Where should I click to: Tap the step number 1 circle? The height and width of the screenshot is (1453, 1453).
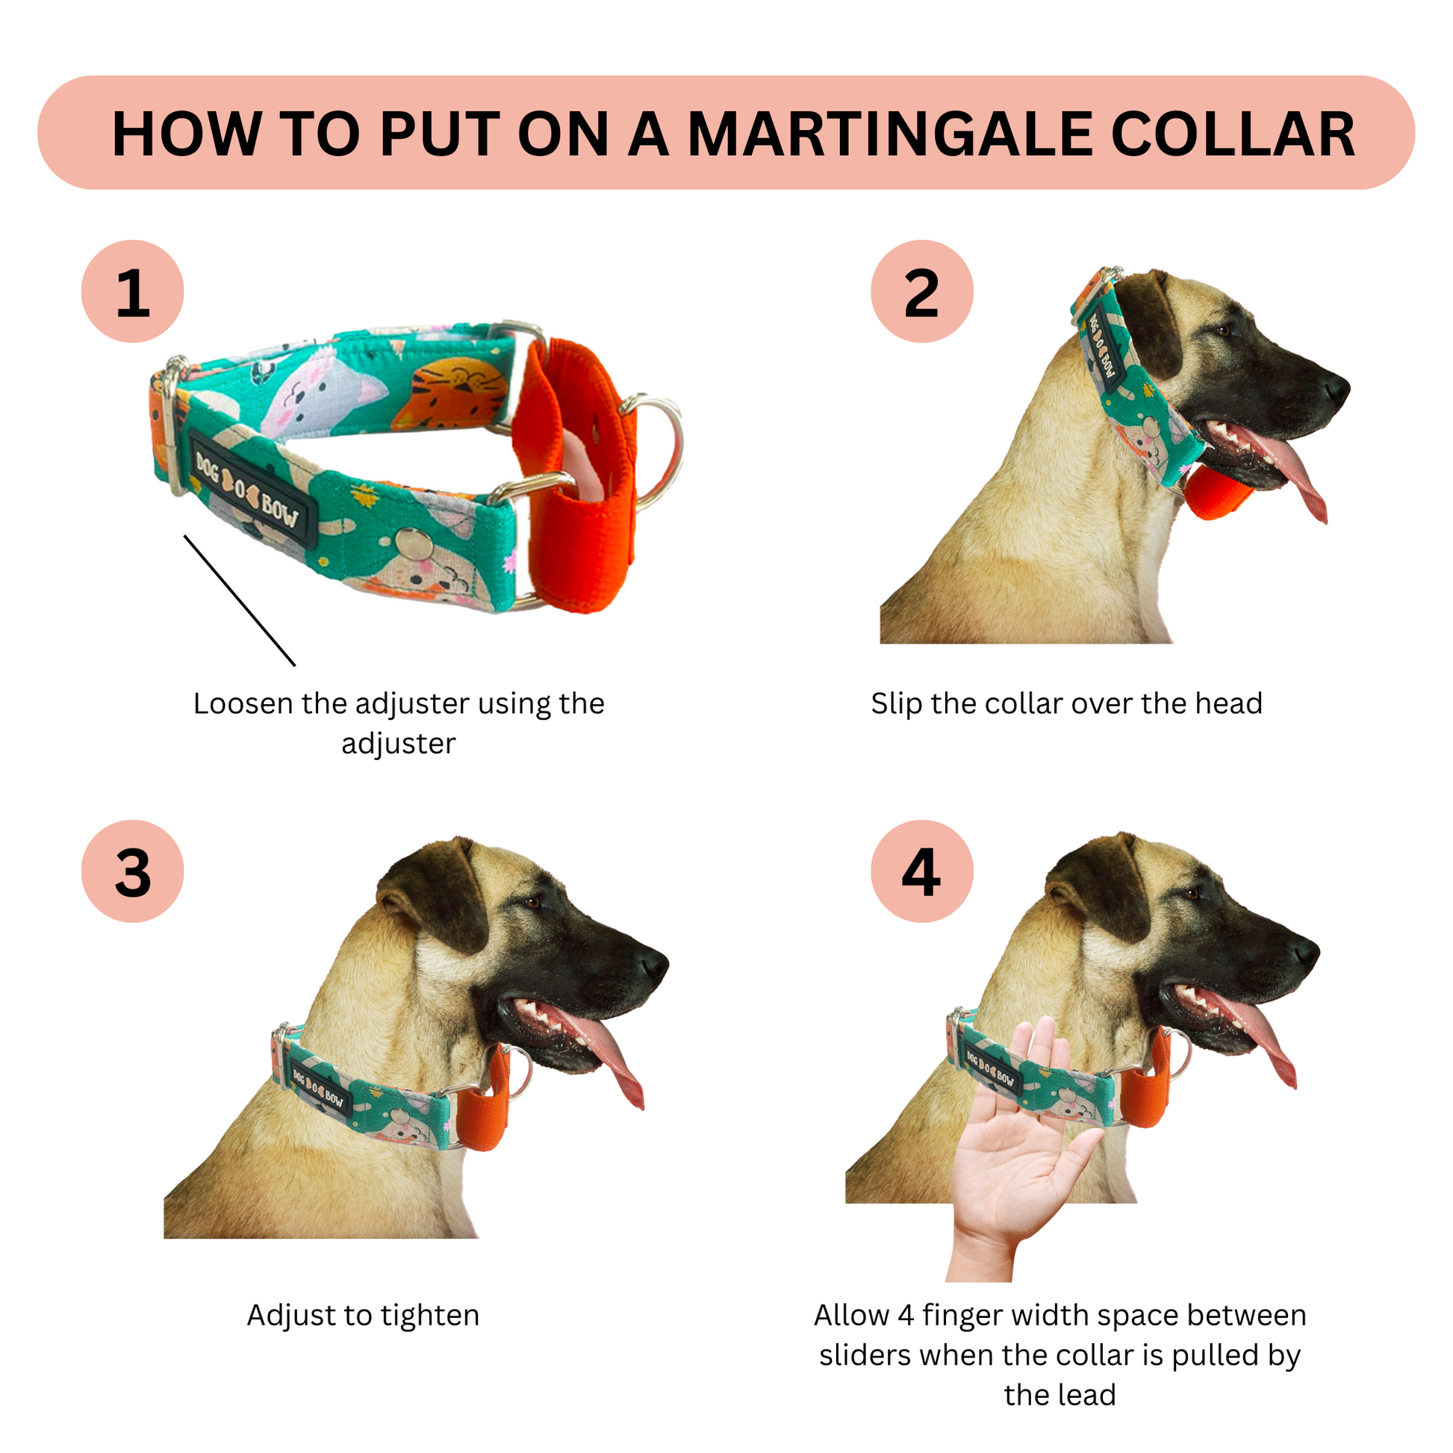[132, 291]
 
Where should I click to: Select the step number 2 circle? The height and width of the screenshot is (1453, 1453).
[922, 291]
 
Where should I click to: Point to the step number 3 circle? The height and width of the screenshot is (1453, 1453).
[132, 871]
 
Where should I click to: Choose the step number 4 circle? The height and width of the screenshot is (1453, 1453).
[922, 871]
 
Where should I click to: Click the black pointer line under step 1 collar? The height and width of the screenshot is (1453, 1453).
[239, 600]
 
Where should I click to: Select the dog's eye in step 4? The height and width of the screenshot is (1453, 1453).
[1192, 894]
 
